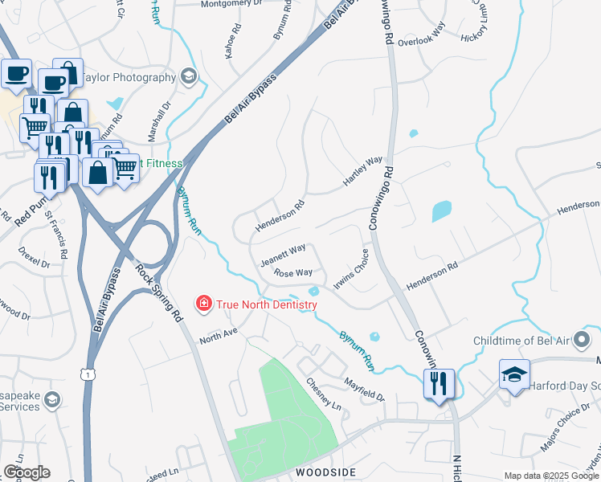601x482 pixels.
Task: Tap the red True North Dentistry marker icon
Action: tap(204, 304)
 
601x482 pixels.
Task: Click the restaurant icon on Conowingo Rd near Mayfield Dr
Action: tap(439, 382)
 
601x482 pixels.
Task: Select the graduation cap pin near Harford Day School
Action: tap(514, 374)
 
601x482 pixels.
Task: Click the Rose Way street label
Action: tap(293, 273)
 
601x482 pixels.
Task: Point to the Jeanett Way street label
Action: tap(283, 255)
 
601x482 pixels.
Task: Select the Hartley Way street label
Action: tap(363, 171)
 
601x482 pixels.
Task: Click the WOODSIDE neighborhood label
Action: tap(325, 472)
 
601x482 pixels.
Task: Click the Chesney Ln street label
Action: tap(325, 396)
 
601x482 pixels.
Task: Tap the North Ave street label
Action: tap(219, 333)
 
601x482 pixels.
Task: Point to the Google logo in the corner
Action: tap(27, 472)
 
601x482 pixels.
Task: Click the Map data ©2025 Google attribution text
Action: tap(550, 476)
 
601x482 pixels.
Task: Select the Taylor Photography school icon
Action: tap(189, 77)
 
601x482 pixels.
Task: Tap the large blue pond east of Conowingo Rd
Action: tap(442, 211)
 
